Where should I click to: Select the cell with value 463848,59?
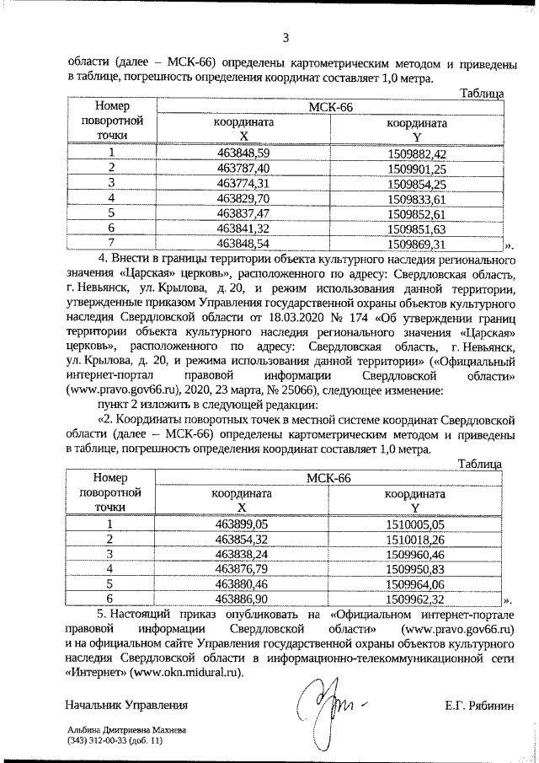pyautogui.click(x=243, y=153)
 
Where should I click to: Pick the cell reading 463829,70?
pyautogui.click(x=243, y=198)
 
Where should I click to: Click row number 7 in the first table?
pyautogui.click(x=110, y=244)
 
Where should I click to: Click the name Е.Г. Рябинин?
pyautogui.click(x=481, y=704)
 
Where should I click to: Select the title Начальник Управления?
pyautogui.click(x=125, y=704)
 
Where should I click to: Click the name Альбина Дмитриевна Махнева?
pyautogui.click(x=127, y=730)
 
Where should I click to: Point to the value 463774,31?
pyautogui.click(x=243, y=183)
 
